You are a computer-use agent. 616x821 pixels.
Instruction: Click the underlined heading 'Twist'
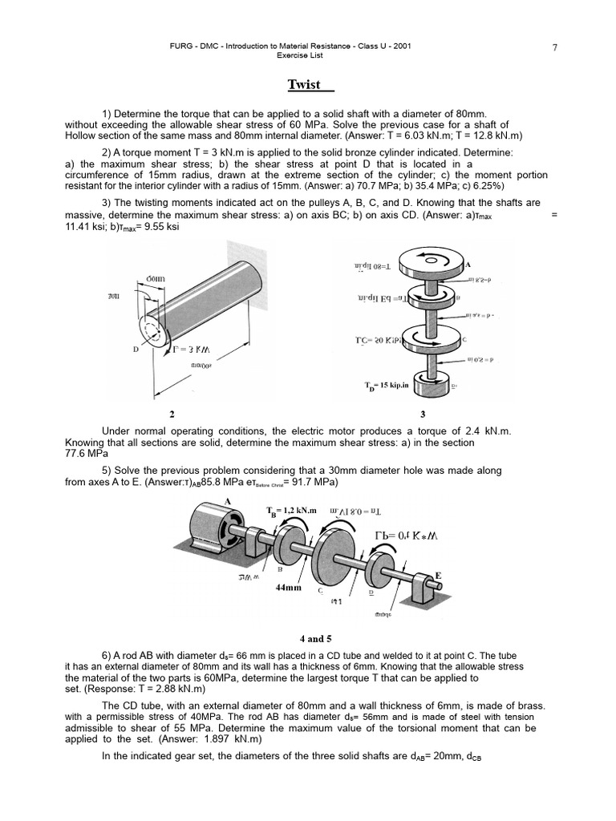click(x=307, y=85)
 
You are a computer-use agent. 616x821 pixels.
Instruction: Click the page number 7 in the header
click(x=555, y=48)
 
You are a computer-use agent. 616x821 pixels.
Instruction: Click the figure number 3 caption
click(x=423, y=415)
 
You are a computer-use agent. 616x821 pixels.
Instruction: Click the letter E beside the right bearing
click(x=438, y=575)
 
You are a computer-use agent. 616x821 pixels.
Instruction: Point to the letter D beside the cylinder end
click(x=136, y=350)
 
